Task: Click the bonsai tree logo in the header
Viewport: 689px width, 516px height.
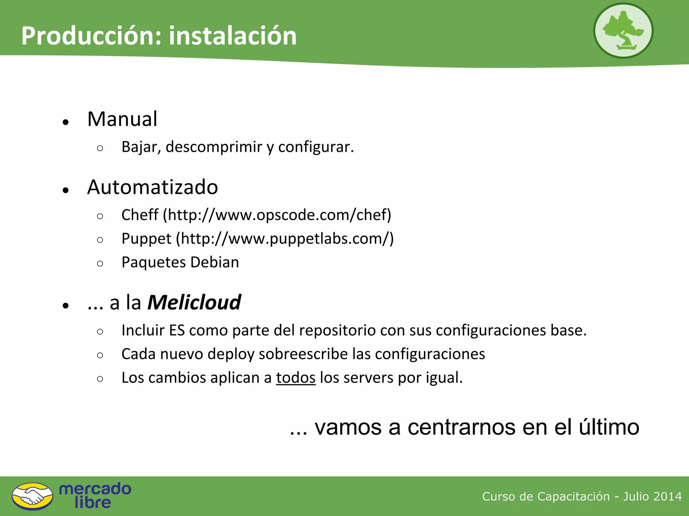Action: [x=623, y=31]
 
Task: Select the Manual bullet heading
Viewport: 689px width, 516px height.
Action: [x=122, y=119]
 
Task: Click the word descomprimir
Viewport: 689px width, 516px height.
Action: [x=214, y=147]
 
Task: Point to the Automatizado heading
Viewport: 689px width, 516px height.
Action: [x=152, y=187]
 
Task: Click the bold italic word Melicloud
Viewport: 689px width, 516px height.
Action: [x=194, y=302]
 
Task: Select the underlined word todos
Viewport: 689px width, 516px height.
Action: [x=296, y=378]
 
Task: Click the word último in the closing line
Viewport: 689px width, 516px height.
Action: [x=609, y=427]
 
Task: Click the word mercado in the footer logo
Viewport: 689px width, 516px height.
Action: [x=95, y=489]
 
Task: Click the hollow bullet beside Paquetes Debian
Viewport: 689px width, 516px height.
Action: [x=100, y=263]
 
